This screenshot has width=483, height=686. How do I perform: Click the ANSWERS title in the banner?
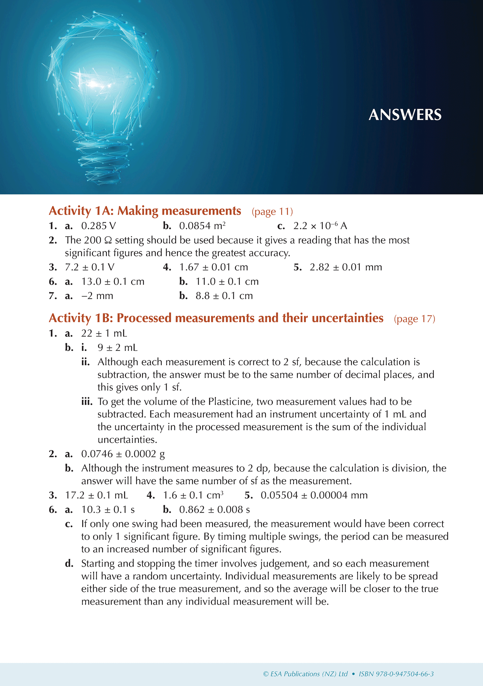405,115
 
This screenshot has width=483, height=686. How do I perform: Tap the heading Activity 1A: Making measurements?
145,211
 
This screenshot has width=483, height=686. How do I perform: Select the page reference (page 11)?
272,212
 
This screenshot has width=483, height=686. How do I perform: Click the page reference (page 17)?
414,319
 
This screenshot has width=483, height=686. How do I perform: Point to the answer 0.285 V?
99,226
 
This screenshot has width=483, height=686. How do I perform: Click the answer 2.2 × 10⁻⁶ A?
320,226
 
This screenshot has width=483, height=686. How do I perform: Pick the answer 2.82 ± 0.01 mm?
346,267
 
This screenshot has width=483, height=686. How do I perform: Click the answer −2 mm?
97,296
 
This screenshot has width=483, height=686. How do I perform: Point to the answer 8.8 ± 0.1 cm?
224,296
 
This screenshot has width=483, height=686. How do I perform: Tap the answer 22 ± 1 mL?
104,333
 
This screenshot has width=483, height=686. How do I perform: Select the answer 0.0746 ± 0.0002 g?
123,454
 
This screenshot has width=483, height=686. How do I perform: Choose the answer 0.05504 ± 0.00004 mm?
314,495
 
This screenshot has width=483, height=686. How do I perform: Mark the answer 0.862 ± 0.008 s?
215,509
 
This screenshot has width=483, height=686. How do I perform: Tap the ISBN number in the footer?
396,674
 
